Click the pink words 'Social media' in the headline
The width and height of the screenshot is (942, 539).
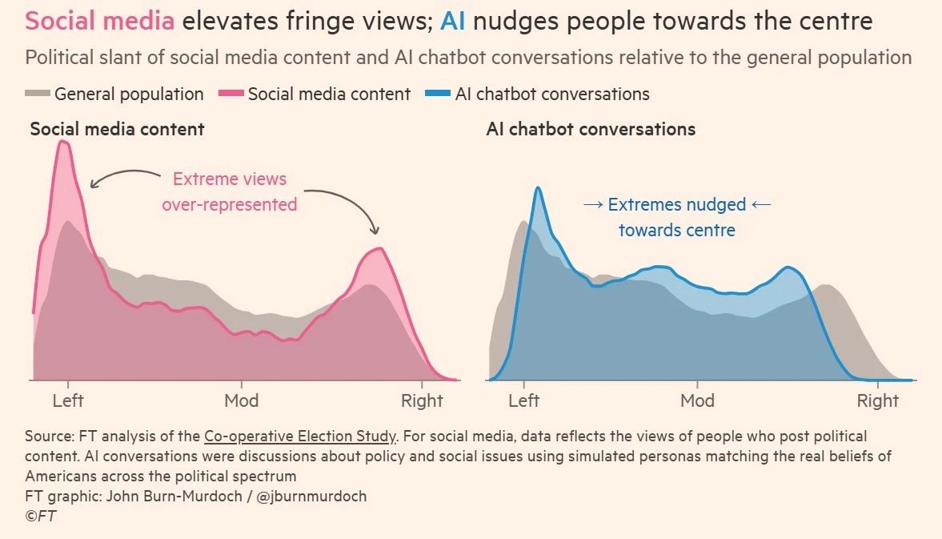(x=99, y=21)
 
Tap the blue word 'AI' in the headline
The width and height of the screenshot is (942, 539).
(x=455, y=21)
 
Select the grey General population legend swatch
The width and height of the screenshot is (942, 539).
(x=38, y=95)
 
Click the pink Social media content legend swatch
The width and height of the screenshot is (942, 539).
(x=231, y=95)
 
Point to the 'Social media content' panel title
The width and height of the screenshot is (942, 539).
(x=117, y=129)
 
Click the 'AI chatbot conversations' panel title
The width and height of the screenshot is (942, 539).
(x=591, y=129)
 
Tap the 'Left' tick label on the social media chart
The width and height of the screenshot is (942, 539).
(x=68, y=400)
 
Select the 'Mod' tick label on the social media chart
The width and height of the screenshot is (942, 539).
(x=242, y=400)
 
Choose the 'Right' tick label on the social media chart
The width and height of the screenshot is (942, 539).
(x=422, y=400)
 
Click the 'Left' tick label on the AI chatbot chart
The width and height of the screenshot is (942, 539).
(x=524, y=400)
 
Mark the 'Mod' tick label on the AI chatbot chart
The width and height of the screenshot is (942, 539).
(x=697, y=400)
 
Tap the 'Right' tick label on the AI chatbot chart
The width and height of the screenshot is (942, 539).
(x=878, y=400)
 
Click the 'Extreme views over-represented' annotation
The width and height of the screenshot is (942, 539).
(x=229, y=192)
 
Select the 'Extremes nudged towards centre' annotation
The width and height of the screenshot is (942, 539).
(x=676, y=217)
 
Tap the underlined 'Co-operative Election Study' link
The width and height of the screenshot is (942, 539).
(x=300, y=436)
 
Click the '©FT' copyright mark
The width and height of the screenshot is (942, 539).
(x=40, y=517)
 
